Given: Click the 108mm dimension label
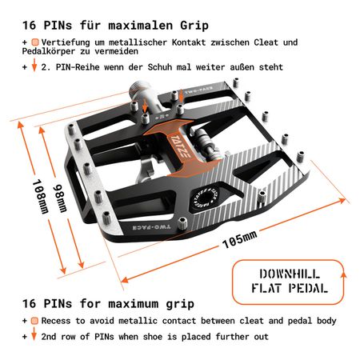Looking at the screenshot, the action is (x=41, y=197).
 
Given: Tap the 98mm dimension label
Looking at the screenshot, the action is (x=60, y=198).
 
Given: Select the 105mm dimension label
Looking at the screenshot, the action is (x=240, y=239).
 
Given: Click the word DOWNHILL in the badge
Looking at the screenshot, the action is (x=290, y=274).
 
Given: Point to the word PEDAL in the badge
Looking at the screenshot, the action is (x=308, y=288).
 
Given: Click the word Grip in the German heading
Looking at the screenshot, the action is (x=194, y=26).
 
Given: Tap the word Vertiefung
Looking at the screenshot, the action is (x=66, y=42).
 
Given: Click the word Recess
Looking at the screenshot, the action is (x=56, y=321).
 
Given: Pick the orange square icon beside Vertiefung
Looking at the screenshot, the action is (x=35, y=42).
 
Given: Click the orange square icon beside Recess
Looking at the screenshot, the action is (x=34, y=321).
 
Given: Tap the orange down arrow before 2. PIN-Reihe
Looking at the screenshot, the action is (x=34, y=65).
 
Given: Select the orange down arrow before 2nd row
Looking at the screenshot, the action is (x=34, y=334).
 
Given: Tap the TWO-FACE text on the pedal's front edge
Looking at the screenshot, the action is (x=151, y=227).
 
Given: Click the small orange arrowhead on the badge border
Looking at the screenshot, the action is (x=343, y=275).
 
